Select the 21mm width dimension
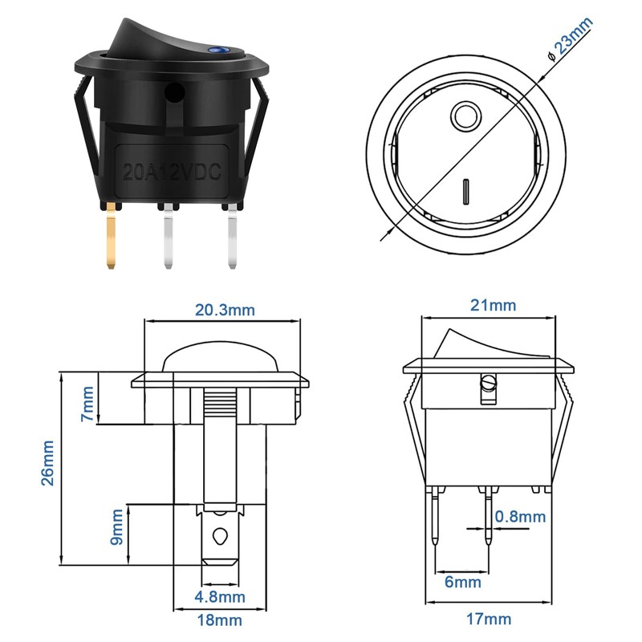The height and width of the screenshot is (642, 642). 492,306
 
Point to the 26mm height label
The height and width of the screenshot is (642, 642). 48,463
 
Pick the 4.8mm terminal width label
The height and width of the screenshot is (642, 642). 220,598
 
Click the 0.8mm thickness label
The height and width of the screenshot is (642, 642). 520,517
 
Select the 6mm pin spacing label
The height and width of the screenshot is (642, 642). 462,582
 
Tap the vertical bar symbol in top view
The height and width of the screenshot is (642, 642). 465,193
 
